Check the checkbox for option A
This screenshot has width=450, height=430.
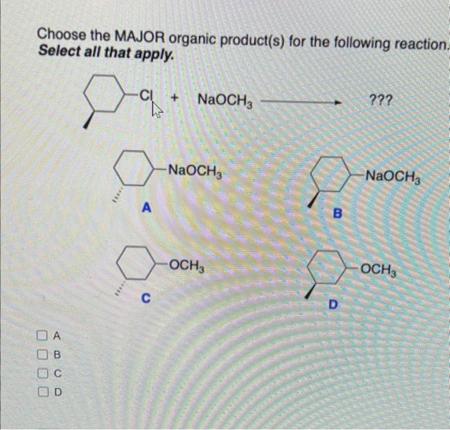42,335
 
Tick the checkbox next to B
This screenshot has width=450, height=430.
42,353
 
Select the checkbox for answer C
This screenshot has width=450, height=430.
42,372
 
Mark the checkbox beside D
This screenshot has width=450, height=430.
42,391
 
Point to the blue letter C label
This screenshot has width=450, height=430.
147,298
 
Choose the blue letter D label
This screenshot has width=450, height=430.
332,304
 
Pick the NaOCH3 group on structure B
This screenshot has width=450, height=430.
392,175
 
